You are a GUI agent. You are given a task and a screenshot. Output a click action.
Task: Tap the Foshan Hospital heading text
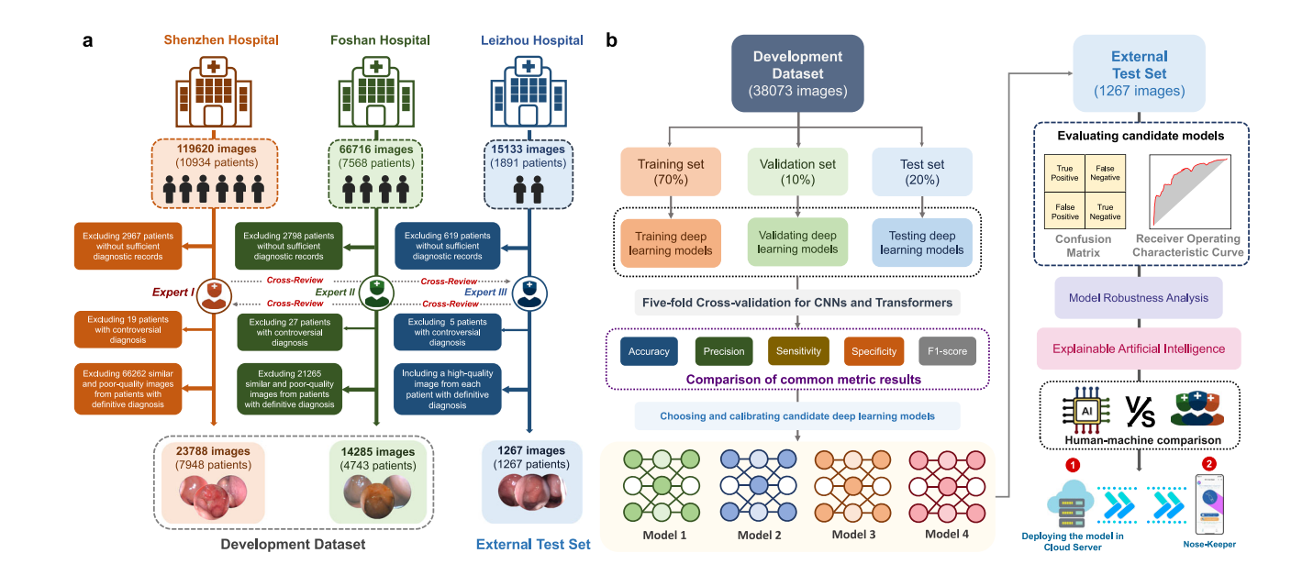pyautogui.click(x=380, y=40)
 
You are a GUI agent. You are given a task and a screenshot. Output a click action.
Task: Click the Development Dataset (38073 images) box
pyautogui.click(x=797, y=73)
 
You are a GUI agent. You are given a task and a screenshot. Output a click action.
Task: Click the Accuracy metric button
pyautogui.click(x=649, y=351)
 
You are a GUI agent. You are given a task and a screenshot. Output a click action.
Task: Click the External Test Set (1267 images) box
pyautogui.click(x=1140, y=73)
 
